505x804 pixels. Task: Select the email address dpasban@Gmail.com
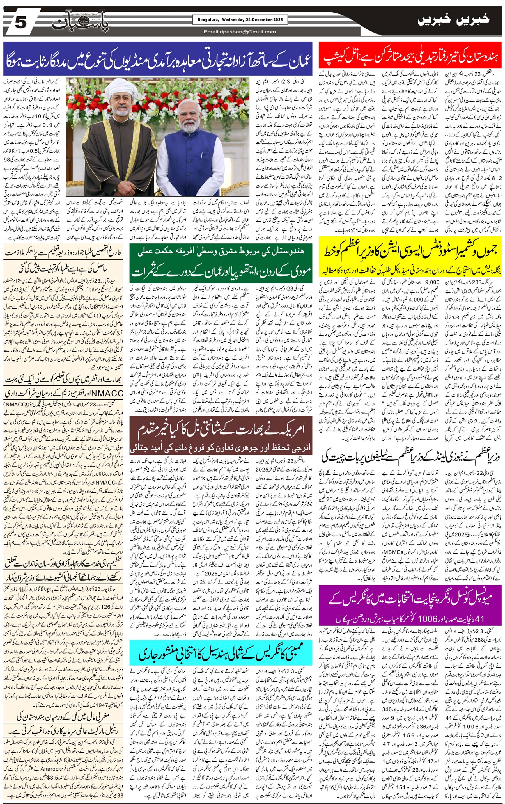[x=240, y=32]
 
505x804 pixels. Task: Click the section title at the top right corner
[x=454, y=20]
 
